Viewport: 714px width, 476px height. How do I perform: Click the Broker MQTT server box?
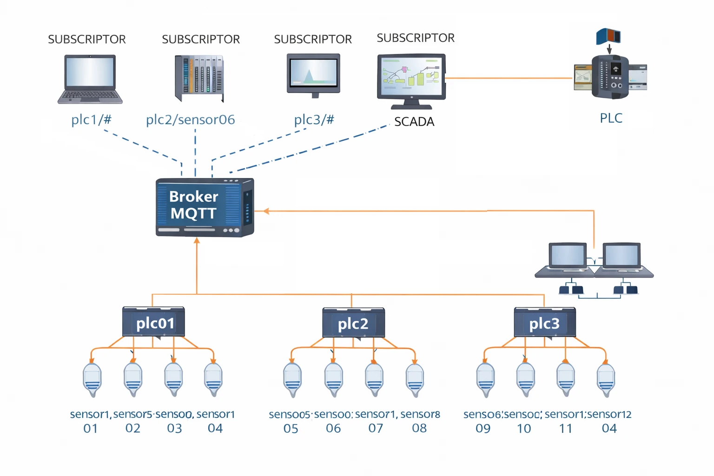pyautogui.click(x=205, y=207)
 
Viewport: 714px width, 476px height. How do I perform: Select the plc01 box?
pyautogui.click(x=153, y=322)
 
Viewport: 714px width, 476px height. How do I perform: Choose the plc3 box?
pyautogui.click(x=545, y=323)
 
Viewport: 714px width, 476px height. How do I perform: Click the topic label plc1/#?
pyautogui.click(x=91, y=119)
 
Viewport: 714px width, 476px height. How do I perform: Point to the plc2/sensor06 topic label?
pyautogui.click(x=190, y=119)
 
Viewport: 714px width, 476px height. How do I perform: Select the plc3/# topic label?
pyautogui.click(x=314, y=119)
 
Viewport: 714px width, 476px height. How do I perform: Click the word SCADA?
pyautogui.click(x=414, y=122)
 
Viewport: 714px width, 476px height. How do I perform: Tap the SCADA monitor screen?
pyautogui.click(x=411, y=76)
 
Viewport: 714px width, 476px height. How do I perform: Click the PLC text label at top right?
pyautogui.click(x=611, y=118)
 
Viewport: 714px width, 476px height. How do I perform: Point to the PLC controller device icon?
pyautogui.click(x=610, y=77)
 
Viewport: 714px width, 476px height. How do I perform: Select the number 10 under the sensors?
pyautogui.click(x=524, y=429)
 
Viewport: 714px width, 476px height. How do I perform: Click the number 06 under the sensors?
pyautogui.click(x=333, y=429)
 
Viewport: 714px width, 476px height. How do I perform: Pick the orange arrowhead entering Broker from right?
pyautogui.click(x=266, y=211)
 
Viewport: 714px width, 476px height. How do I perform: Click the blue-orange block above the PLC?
pyautogui.click(x=608, y=36)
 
